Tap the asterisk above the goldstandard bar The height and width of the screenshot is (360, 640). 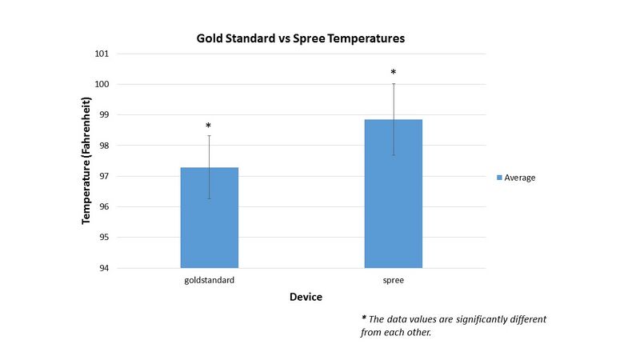pos(209,126)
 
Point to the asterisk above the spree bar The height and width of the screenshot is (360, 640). pos(393,73)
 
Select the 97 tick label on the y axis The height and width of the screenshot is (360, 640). pos(103,176)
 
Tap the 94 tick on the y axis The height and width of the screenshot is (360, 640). pos(103,268)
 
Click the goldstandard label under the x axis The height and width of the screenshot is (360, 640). pos(209,281)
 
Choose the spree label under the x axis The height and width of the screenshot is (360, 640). pos(393,281)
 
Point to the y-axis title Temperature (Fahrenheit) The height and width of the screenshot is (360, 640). pos(86,160)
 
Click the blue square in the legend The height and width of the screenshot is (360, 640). pos(500,178)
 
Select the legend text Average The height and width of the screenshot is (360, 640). pos(520,178)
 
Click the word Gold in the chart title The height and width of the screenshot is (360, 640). pos(210,38)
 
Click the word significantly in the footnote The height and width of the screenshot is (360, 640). pos(471,319)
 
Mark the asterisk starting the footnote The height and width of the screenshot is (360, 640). pos(364,318)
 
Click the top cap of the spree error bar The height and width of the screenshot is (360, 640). pos(393,84)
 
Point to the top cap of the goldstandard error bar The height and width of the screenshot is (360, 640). pos(209,135)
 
